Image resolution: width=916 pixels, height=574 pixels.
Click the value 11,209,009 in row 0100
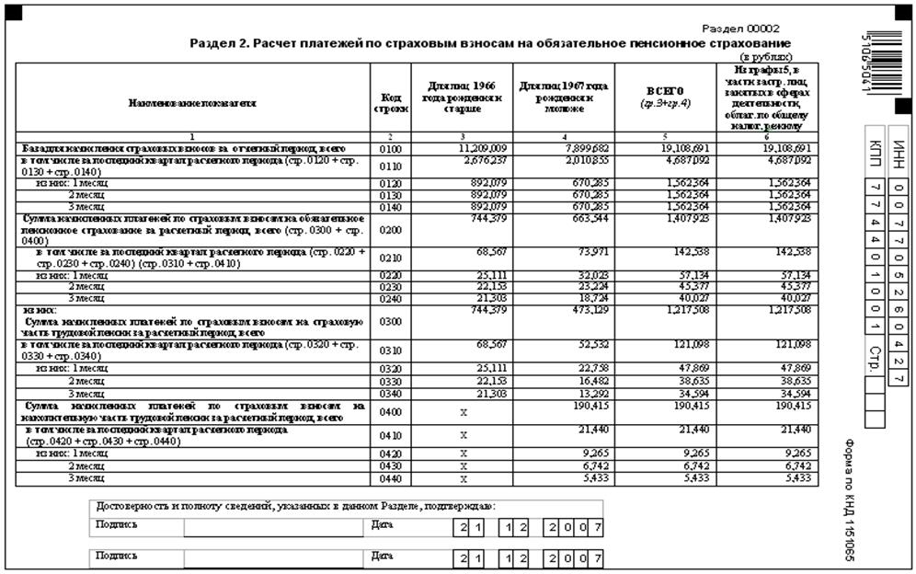[485, 147]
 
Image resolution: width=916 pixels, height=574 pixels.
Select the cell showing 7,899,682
[586, 147]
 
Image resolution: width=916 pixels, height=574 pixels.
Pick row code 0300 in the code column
[390, 322]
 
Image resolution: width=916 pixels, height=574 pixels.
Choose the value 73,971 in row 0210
[589, 251]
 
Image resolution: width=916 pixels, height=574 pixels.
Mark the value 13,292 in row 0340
[589, 393]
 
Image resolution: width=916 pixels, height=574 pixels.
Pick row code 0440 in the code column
[390, 478]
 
